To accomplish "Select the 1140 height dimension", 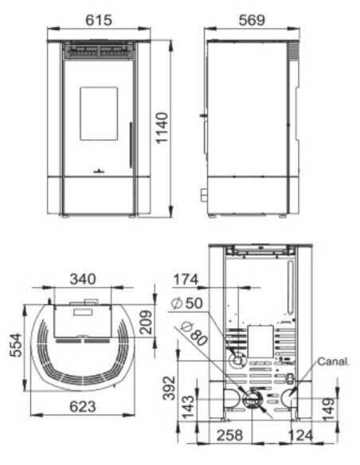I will pyautogui.click(x=162, y=128).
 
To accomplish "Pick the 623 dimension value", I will pyautogui.click(x=82, y=406).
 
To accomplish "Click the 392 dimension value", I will pyautogui.click(x=165, y=385).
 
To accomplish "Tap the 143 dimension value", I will pyautogui.click(x=185, y=400).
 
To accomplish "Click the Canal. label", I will pyautogui.click(x=335, y=361).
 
